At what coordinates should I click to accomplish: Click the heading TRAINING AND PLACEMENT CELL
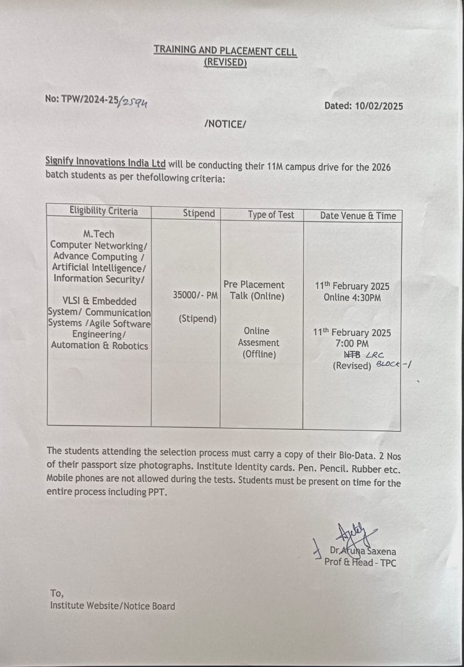(225, 51)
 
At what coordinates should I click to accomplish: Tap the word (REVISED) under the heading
(225, 63)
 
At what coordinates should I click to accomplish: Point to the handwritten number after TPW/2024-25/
(134, 102)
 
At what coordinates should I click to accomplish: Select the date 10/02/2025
(379, 106)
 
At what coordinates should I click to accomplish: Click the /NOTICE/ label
(225, 124)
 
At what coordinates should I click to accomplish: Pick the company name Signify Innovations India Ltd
(105, 163)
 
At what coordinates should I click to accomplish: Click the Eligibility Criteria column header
(104, 211)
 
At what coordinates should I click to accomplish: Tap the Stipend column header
(199, 213)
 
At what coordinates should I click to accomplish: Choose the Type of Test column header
(271, 215)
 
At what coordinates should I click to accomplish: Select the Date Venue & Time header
(358, 216)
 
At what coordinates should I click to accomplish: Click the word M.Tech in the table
(99, 234)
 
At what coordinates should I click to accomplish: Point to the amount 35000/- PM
(196, 295)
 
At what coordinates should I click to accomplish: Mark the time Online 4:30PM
(352, 298)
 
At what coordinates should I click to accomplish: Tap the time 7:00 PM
(352, 343)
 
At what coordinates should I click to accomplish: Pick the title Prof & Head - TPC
(360, 562)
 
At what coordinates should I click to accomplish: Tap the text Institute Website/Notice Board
(113, 606)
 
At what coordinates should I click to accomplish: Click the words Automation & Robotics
(99, 345)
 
